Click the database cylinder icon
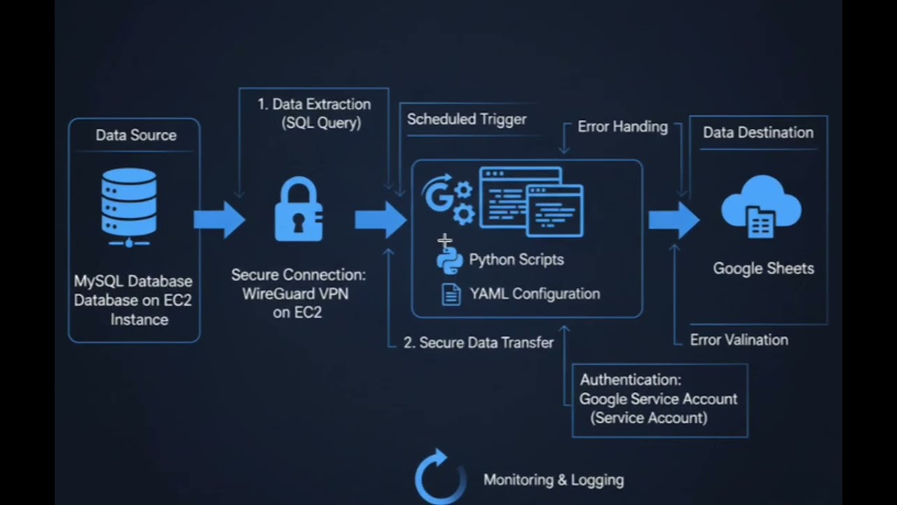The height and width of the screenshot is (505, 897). tap(129, 206)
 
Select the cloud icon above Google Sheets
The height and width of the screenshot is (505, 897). tap(761, 206)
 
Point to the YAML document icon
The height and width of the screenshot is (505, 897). tap(451, 294)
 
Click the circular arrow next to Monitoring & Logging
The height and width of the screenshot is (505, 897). tap(439, 477)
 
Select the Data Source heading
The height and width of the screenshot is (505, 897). tap(136, 135)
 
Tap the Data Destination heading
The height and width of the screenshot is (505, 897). tap(758, 133)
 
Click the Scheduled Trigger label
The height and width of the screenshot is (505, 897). tap(467, 119)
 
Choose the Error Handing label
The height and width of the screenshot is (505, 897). tap(622, 126)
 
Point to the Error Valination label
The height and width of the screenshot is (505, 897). tap(739, 339)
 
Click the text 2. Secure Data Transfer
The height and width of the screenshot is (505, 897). tap(479, 342)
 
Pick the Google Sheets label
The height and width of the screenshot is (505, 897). tap(763, 268)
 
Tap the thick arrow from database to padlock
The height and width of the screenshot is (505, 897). tap(219, 220)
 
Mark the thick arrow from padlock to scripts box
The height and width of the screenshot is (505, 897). tap(380, 220)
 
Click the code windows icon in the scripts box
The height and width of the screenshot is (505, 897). tap(530, 201)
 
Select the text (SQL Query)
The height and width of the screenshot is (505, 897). tap(321, 123)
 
